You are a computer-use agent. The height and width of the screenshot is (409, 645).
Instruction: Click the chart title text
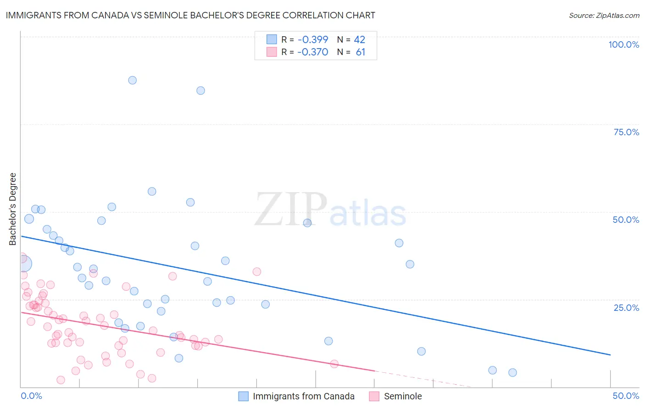[x=190, y=16]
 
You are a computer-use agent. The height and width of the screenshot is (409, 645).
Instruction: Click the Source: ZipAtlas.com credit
[x=604, y=16]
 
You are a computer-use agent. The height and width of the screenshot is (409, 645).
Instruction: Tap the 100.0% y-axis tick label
[x=623, y=44]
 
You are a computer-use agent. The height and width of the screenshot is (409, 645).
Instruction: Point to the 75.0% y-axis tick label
[x=626, y=132]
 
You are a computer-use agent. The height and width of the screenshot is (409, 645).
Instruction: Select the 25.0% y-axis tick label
[x=626, y=308]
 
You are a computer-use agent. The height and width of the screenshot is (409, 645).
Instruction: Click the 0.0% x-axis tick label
[x=31, y=396]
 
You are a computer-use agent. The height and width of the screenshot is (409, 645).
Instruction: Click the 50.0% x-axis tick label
[x=626, y=396]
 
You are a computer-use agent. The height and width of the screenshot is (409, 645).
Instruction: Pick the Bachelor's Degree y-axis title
[x=13, y=209]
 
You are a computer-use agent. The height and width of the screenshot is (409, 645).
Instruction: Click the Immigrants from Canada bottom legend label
[x=304, y=397]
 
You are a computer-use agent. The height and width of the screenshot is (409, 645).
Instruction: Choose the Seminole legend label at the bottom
[x=403, y=397]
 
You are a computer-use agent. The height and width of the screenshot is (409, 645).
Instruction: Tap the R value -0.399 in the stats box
[x=312, y=40]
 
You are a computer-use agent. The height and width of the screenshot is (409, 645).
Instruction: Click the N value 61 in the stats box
[x=361, y=52]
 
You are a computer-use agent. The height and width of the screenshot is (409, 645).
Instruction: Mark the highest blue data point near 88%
[x=132, y=80]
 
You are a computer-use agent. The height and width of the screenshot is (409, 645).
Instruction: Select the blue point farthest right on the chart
[x=512, y=373]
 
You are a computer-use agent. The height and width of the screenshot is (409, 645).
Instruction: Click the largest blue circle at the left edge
[x=23, y=264]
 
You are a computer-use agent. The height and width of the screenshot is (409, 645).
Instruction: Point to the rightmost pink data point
[x=334, y=364]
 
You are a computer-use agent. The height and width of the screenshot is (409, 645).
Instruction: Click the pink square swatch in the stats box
[x=272, y=52]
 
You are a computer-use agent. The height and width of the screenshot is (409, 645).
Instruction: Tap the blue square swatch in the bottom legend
[x=244, y=397]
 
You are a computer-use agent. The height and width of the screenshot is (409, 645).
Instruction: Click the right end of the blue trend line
[x=610, y=355]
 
